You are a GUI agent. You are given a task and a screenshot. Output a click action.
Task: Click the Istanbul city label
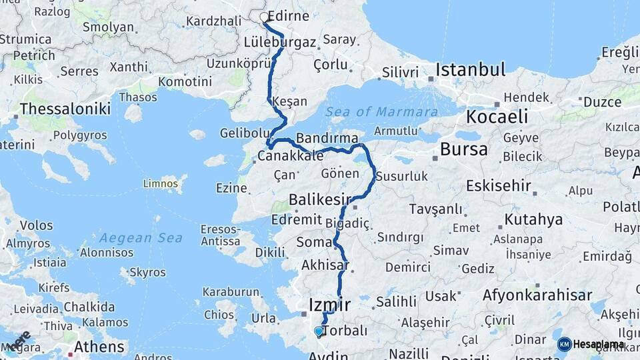coord(471,69)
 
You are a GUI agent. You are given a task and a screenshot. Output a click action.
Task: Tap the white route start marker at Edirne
coord(265,18)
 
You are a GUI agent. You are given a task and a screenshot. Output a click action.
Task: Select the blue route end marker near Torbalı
coord(319,331)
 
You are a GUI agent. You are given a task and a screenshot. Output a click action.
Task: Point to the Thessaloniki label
coord(65,109)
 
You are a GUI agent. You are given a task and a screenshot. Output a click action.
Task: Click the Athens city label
coord(99,347)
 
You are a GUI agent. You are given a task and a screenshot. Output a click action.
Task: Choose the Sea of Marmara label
coord(382,112)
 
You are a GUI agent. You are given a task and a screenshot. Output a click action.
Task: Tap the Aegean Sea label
coord(131,237)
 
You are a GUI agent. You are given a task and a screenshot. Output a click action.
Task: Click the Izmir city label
coord(329,305)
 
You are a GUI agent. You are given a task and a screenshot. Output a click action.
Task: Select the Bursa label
coord(464,149)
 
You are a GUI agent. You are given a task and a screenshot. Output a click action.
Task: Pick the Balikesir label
coord(320,199)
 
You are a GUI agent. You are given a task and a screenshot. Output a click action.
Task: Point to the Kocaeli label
coord(497,117)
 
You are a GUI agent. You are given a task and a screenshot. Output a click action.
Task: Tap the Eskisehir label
coord(499,185)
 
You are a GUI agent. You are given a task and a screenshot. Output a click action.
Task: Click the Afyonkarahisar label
coord(537,295)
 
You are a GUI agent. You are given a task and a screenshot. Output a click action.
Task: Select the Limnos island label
coord(161,182)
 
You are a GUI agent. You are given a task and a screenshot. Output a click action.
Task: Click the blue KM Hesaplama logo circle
coord(565,344)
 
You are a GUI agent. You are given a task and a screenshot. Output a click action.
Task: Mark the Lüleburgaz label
coord(280,42)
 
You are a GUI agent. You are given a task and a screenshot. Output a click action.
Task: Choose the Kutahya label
coord(533,219)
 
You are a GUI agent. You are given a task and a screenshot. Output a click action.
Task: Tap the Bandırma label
coord(323,139)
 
